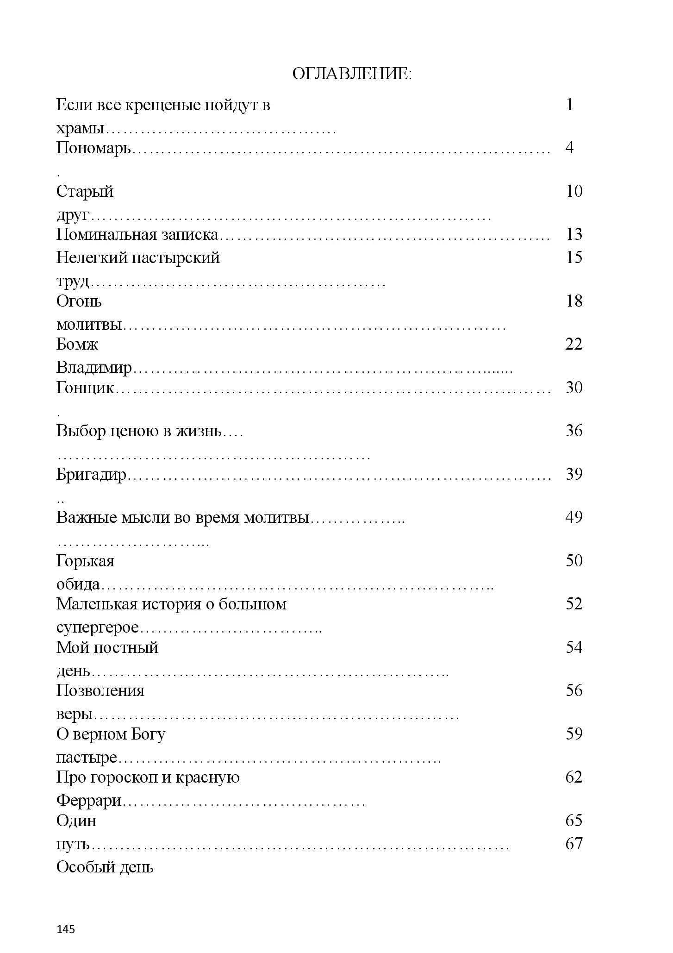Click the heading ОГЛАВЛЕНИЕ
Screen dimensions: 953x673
[x=352, y=74]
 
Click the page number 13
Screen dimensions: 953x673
[x=574, y=234]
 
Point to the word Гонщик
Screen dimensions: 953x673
[x=85, y=388]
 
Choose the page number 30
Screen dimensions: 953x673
[x=574, y=388]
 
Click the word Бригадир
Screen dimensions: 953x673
[x=91, y=475]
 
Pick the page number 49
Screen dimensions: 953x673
[x=574, y=517]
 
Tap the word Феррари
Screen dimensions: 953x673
[x=89, y=801]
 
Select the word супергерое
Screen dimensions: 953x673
[x=98, y=628]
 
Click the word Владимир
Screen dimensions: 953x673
[x=94, y=368]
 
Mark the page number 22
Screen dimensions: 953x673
[x=574, y=345]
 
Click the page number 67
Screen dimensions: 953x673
[x=574, y=844]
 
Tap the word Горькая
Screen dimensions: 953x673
[x=85, y=561]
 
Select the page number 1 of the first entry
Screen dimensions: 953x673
[x=570, y=105]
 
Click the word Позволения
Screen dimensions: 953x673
[x=100, y=691]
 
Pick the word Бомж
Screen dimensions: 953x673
[x=77, y=345]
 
